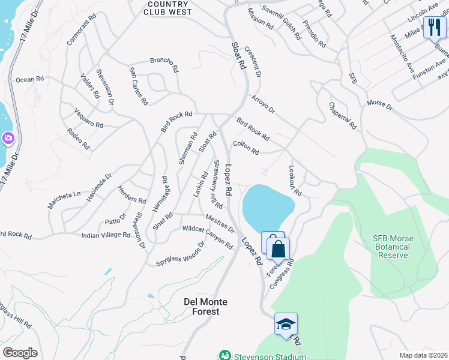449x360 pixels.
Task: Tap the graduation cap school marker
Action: (286, 324)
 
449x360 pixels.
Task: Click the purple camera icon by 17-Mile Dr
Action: (8, 139)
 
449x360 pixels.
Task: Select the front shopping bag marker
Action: (278, 248)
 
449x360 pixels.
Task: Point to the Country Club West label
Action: (169, 8)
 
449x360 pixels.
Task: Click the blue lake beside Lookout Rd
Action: (267, 208)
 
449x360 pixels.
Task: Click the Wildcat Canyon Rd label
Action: (207, 237)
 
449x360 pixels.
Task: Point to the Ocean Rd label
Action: (30, 79)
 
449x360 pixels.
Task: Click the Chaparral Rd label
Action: (342, 115)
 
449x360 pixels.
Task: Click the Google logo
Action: (20, 353)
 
